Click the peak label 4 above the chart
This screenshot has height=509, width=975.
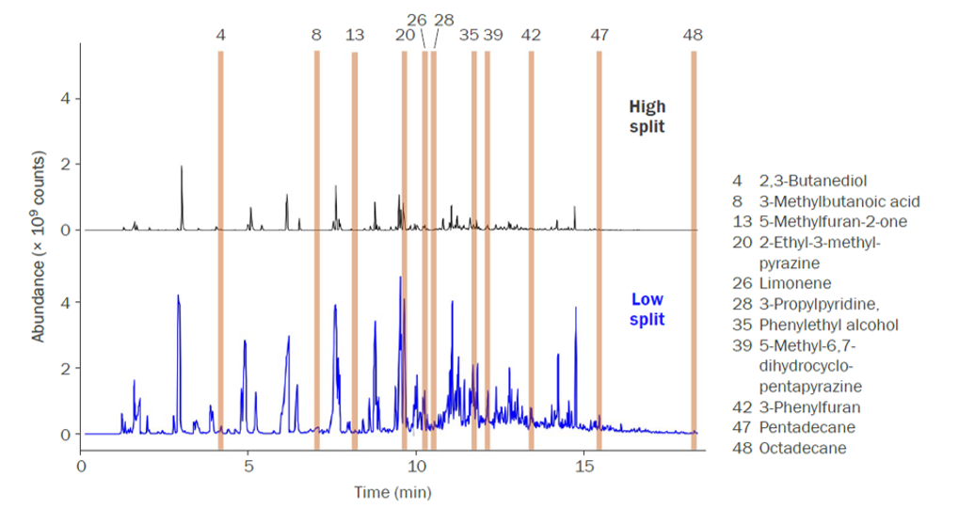coord(220,35)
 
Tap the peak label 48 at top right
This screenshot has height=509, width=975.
coord(693,35)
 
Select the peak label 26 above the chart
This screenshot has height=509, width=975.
coord(417,19)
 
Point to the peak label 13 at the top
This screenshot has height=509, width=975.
coord(355,35)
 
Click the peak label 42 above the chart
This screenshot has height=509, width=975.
coord(531,35)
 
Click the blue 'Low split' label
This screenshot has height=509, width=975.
coord(647,310)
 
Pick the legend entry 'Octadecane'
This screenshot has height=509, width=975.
coord(802,449)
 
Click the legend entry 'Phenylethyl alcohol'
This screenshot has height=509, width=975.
coord(828,325)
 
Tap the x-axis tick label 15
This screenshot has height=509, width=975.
coord(584,467)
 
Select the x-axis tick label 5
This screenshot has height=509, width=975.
coord(248,467)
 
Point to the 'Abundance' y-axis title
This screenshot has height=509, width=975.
coord(39,244)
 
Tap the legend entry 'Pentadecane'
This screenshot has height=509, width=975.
coord(807,428)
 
